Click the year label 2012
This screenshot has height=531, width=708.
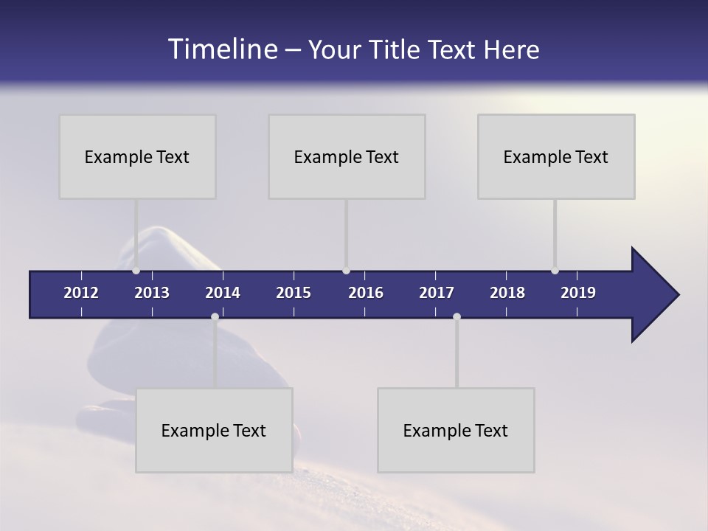[81, 293]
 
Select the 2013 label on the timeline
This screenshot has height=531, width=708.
[152, 293]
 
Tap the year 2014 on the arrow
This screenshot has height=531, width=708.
[223, 293]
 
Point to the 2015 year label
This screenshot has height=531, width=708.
[294, 293]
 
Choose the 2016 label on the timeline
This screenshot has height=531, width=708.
[366, 293]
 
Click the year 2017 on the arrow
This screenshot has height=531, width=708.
[437, 293]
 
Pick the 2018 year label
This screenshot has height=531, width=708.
[507, 293]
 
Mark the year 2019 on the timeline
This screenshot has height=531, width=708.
[578, 293]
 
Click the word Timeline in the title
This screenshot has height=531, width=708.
[222, 49]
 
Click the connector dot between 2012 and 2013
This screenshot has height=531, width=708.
[136, 271]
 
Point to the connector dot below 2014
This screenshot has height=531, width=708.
[215, 316]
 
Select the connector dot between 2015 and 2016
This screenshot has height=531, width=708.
[346, 271]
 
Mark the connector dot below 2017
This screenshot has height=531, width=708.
[457, 316]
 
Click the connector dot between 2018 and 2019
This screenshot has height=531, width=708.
[555, 271]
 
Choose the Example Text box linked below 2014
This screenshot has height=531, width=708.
[214, 430]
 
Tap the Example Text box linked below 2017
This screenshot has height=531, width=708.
[456, 430]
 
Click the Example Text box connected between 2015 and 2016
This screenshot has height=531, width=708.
[347, 156]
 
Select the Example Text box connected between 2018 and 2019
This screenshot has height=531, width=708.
[556, 156]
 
